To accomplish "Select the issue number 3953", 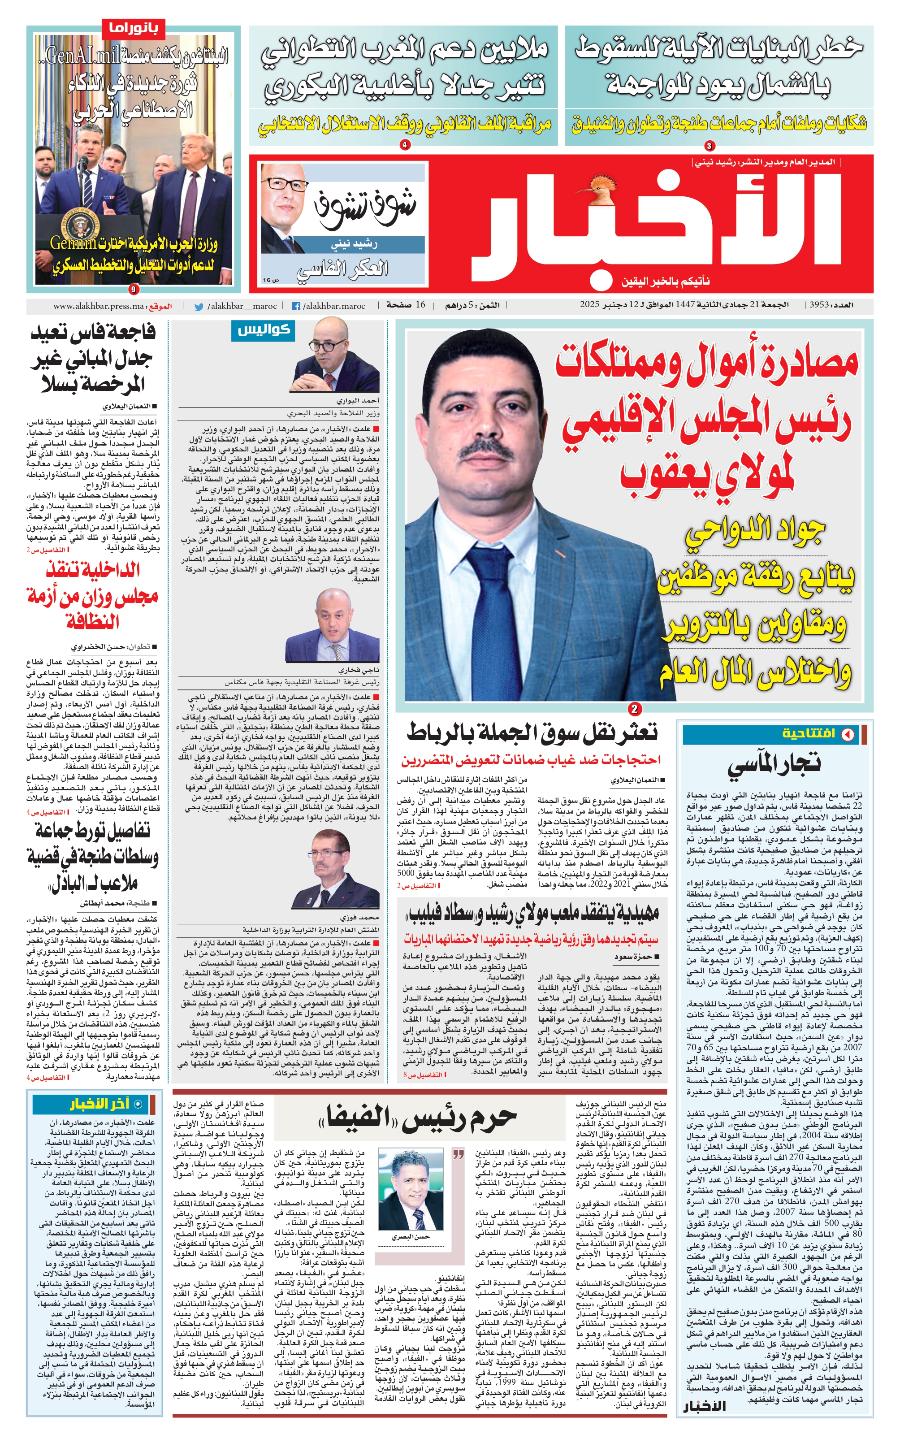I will click(819, 305).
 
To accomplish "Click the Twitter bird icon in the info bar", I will click(199, 307).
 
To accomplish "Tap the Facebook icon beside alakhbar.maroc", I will click(295, 307).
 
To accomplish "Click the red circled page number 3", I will click(709, 146).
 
